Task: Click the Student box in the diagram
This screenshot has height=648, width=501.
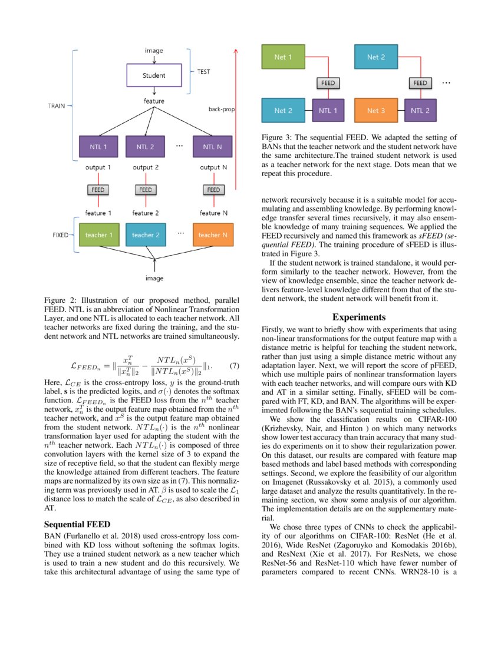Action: (154, 75)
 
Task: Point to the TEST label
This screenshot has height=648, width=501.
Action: (203, 72)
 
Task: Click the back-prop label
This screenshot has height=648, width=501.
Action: (221, 109)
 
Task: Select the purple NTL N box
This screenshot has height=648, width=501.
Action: (213, 146)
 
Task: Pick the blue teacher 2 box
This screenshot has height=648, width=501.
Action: (146, 235)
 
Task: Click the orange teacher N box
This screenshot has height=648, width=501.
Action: (213, 235)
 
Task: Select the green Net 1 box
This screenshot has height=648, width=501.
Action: (283, 57)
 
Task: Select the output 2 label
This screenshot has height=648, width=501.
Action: (146, 167)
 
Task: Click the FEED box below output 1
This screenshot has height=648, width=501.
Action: (99, 190)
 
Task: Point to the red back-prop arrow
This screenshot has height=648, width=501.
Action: (236, 118)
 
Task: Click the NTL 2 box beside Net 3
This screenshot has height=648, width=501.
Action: (420, 111)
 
